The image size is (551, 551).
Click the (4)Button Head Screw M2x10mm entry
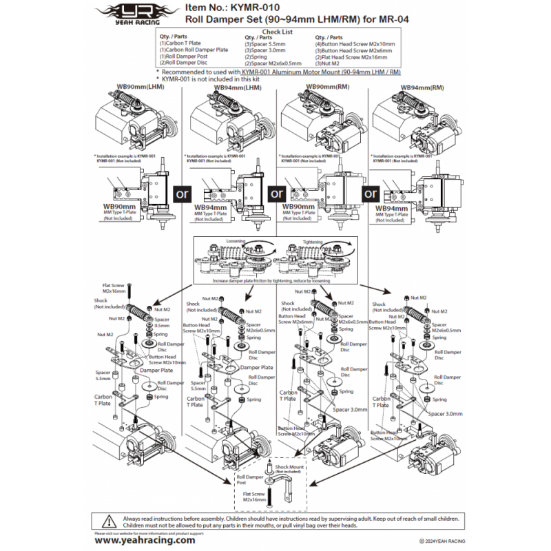click(x=355, y=43)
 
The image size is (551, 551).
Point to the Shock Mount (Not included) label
click(x=289, y=468)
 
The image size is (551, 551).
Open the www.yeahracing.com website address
click(x=144, y=541)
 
